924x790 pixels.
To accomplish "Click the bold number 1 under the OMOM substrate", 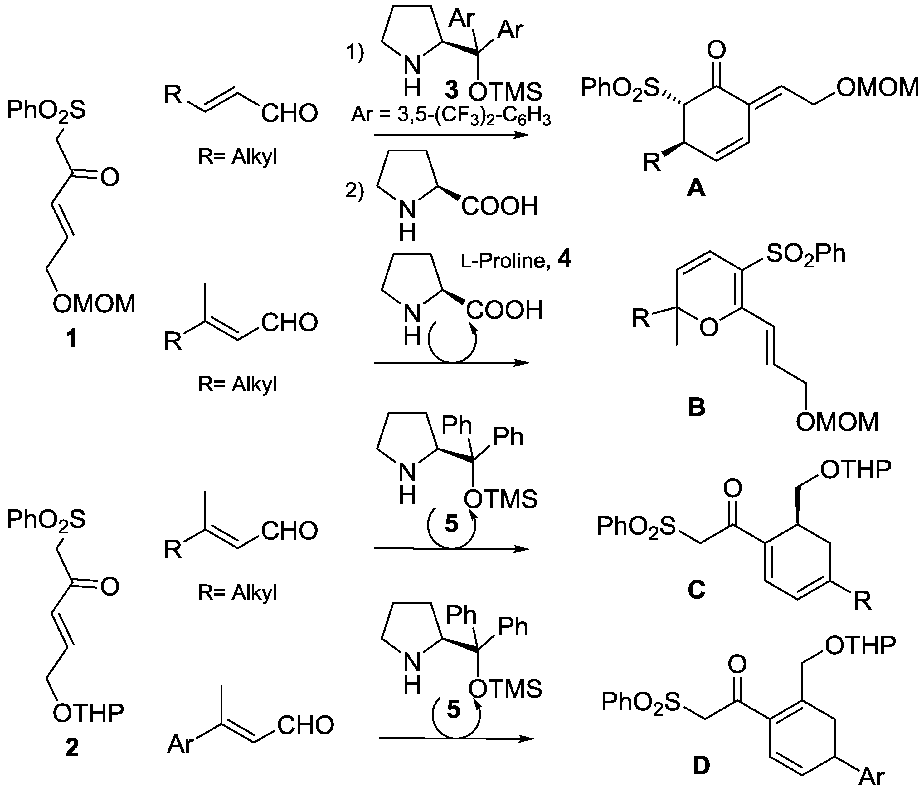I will (x=71, y=338).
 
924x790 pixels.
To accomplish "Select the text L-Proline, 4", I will (x=516, y=260).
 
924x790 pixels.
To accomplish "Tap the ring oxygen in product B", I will (x=709, y=327).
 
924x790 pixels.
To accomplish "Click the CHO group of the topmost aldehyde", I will (x=289, y=113).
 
